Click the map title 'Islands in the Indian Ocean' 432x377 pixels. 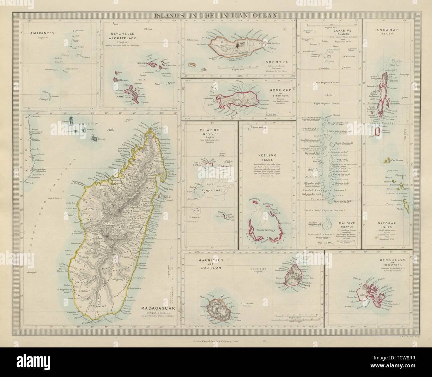[x=216, y=16]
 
